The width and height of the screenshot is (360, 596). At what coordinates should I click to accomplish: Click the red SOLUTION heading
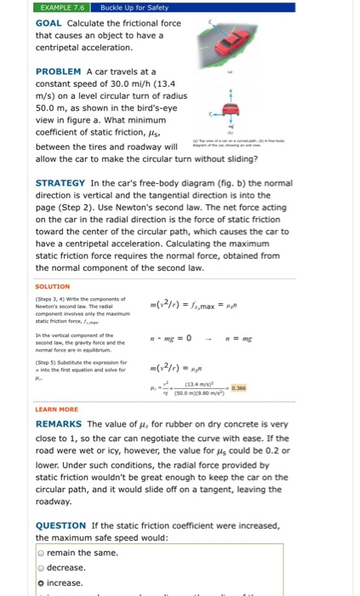coord(53,286)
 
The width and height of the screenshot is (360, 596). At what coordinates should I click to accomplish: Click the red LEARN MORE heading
coord(57,409)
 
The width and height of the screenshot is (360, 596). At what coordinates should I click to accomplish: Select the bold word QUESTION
coord(61,525)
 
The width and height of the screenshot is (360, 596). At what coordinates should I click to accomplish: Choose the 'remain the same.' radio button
coord(41,553)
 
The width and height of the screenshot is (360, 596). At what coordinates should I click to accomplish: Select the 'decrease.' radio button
coord(41,567)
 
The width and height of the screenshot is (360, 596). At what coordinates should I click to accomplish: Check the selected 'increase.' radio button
coord(41,582)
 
